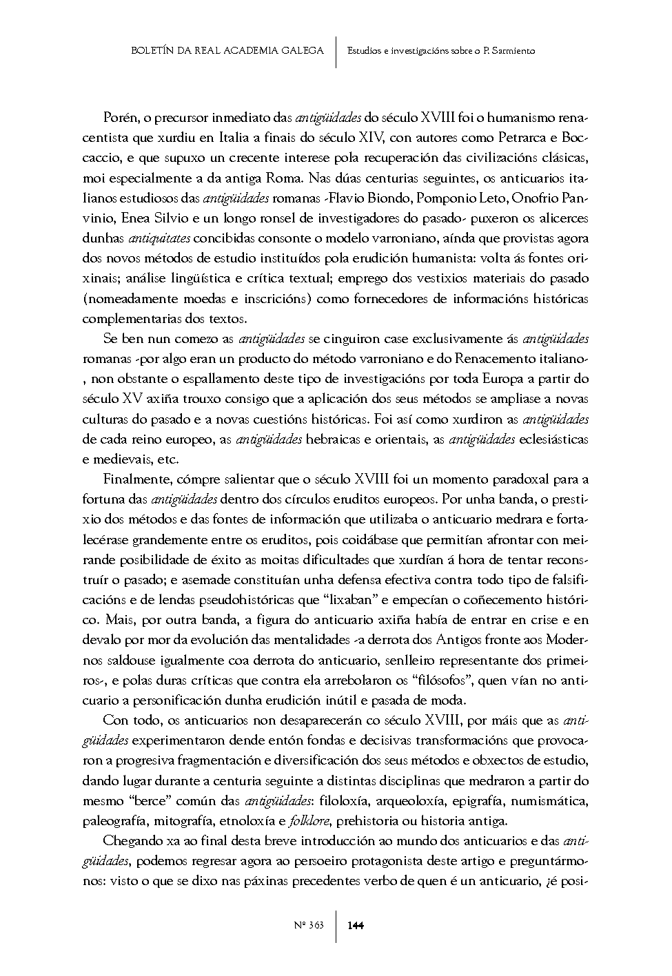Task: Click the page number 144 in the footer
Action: click(x=356, y=925)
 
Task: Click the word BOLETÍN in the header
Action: click(x=151, y=50)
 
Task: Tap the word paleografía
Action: click(x=115, y=820)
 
